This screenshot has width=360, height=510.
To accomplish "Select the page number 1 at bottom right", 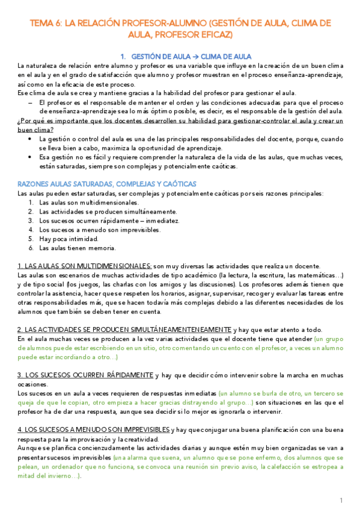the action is [341, 500].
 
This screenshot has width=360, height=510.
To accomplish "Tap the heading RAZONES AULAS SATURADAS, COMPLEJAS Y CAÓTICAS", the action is [107, 183].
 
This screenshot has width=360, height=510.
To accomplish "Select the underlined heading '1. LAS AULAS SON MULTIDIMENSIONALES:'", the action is [84, 266].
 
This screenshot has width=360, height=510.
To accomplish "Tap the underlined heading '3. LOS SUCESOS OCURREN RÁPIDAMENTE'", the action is [85, 375].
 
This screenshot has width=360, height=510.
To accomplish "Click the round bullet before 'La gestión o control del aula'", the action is [31, 139].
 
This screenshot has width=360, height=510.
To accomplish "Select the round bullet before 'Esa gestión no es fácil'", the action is [31, 157].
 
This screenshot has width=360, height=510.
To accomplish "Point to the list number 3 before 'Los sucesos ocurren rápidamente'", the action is [31, 221].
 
